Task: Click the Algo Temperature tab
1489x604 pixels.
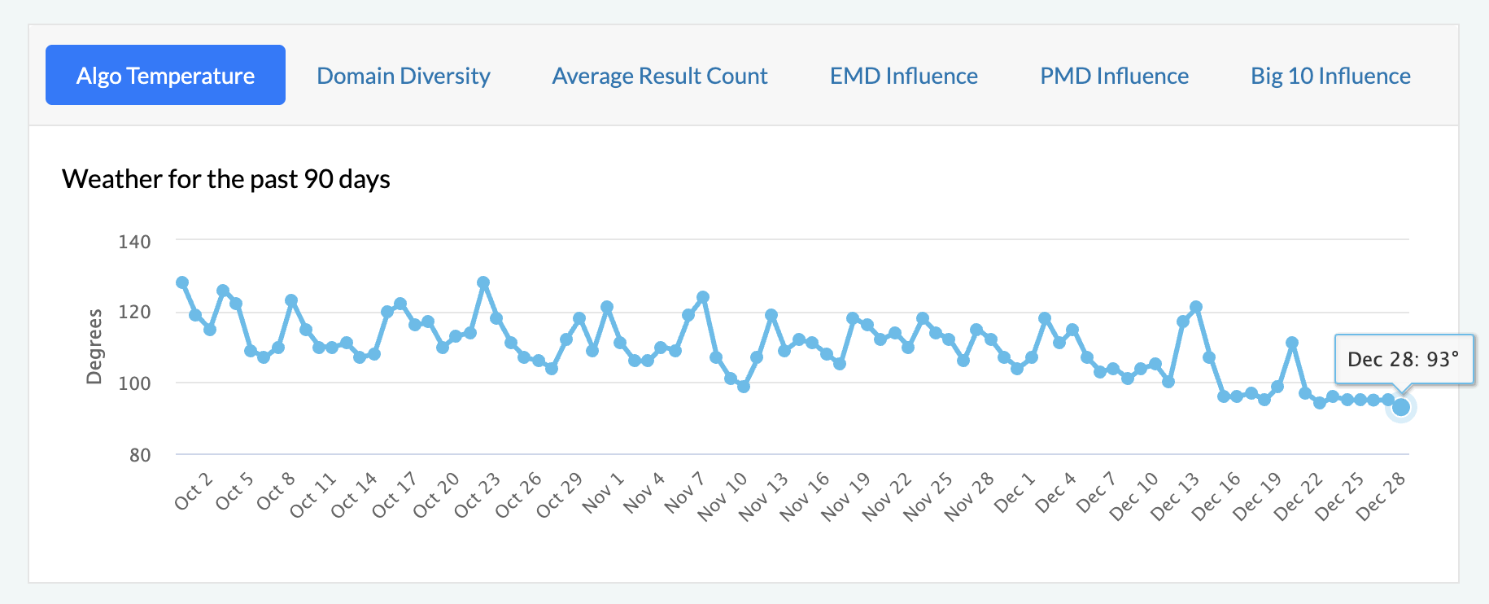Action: (165, 76)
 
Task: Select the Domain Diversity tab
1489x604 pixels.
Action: (403, 76)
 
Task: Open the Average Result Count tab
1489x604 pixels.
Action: (659, 76)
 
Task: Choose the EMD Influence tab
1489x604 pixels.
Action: (903, 76)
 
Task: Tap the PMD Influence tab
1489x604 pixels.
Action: (1114, 76)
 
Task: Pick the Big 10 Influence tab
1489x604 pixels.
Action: (1330, 76)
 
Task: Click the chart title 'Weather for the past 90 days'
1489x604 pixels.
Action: (226, 179)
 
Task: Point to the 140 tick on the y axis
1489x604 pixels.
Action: (134, 242)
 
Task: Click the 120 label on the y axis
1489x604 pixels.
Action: (134, 313)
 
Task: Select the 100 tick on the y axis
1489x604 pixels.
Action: (134, 383)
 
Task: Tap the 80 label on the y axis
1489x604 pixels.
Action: (140, 455)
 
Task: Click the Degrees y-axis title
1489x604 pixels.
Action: (94, 346)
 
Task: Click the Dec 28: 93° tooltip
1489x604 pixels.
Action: (1404, 359)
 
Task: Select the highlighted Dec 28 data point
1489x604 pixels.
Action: (1401, 407)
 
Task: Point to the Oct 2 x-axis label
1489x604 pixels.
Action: (193, 491)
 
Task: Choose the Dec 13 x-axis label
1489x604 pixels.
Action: (1175, 496)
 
